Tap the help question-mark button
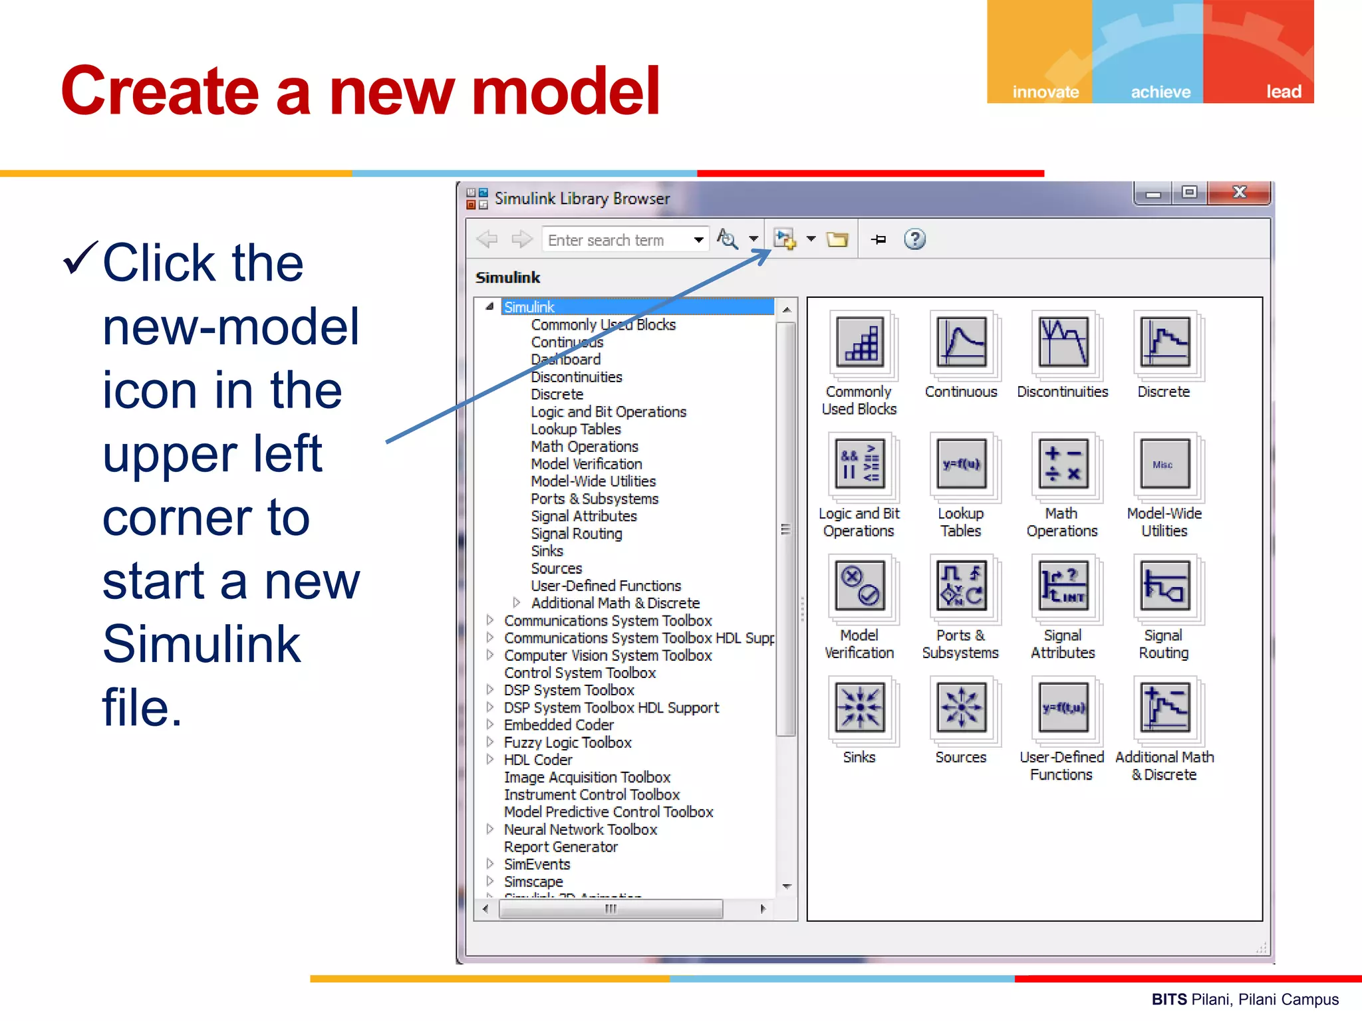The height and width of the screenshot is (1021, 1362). pyautogui.click(x=915, y=239)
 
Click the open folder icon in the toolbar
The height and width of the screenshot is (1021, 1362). pyautogui.click(x=837, y=239)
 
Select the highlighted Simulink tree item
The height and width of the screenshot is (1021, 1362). pyautogui.click(x=529, y=307)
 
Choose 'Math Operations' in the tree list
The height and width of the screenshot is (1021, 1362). pyautogui.click(x=585, y=447)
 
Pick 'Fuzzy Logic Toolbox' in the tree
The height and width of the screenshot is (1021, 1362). pyautogui.click(x=567, y=742)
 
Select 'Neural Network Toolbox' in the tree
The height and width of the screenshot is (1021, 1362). pyautogui.click(x=580, y=830)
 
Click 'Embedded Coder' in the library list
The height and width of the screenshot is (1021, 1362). pyautogui.click(x=559, y=725)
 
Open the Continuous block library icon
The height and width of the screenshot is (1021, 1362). pyautogui.click(x=961, y=343)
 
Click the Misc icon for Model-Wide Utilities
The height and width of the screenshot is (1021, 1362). pyautogui.click(x=1164, y=465)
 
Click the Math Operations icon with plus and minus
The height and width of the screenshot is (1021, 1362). pyautogui.click(x=1063, y=465)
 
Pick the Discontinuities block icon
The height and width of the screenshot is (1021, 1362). pyautogui.click(x=1063, y=343)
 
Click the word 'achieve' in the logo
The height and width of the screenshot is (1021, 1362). pyautogui.click(x=1160, y=92)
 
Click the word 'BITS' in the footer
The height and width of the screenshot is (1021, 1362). pyautogui.click(x=1168, y=1000)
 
